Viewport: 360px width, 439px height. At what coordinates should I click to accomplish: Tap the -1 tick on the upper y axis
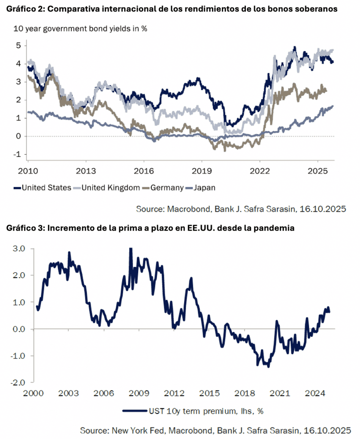pyautogui.click(x=19, y=155)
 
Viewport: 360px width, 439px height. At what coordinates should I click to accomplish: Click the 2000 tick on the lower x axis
pyautogui.click(x=32, y=393)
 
